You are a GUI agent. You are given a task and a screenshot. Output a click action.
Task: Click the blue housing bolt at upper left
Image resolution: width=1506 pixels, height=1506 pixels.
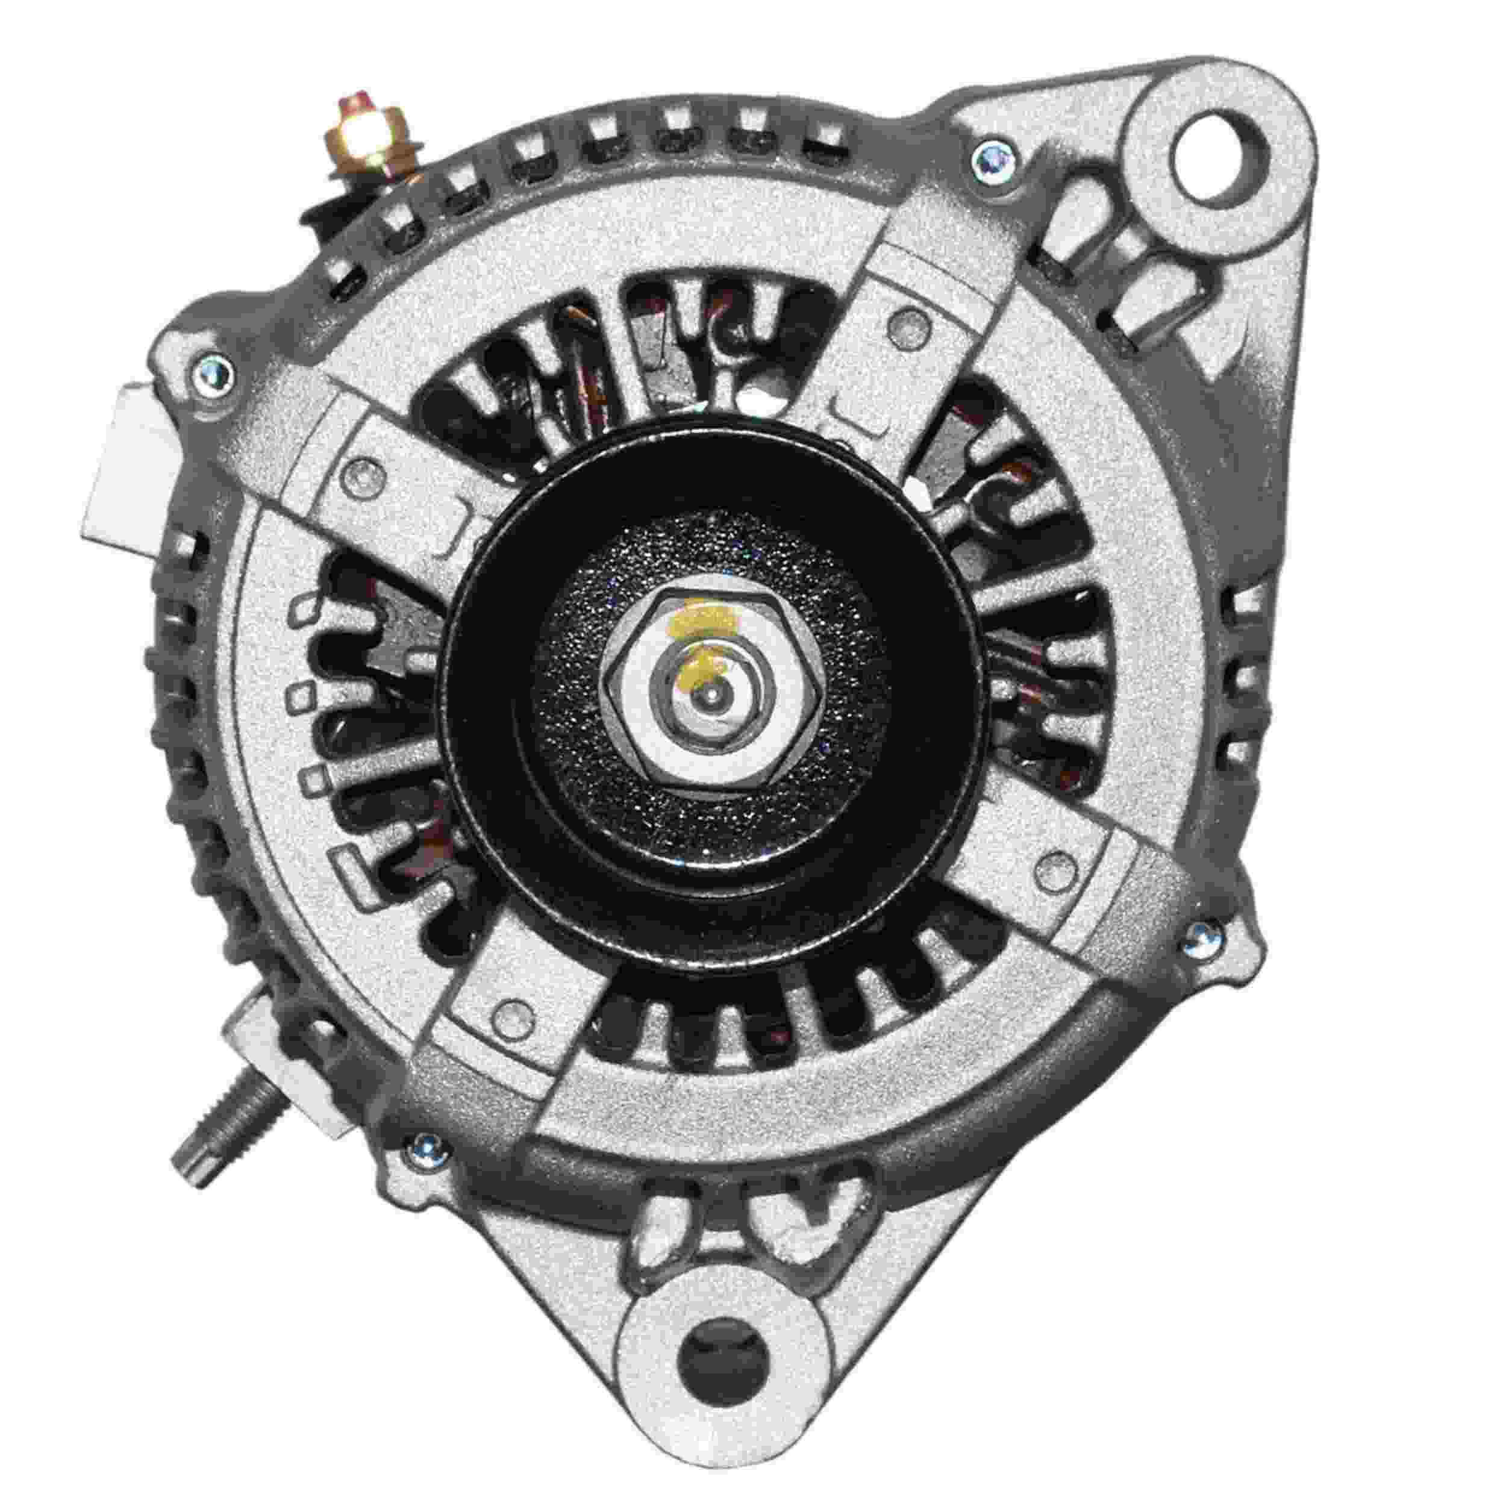click(x=212, y=366)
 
